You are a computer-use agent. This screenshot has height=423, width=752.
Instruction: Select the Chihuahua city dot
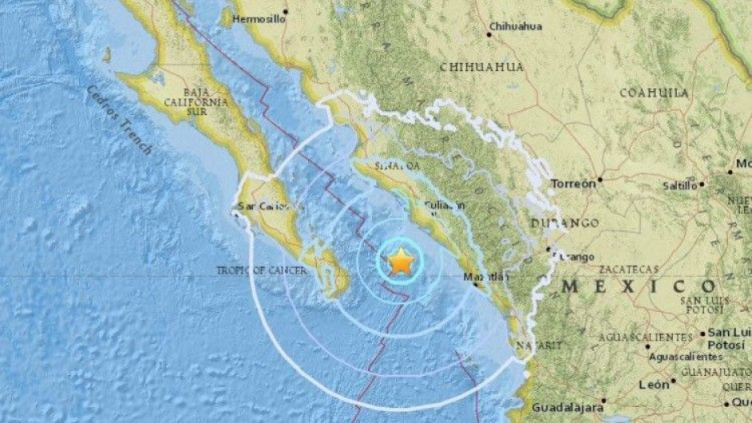click(x=489, y=34)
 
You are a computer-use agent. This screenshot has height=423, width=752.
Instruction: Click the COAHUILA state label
click(x=654, y=93)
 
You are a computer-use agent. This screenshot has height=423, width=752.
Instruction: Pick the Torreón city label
click(x=574, y=183)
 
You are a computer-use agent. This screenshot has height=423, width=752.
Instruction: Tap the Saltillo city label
click(x=680, y=186)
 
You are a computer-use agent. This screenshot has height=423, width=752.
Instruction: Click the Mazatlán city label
click(x=487, y=278)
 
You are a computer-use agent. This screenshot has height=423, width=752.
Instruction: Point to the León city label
click(x=654, y=385)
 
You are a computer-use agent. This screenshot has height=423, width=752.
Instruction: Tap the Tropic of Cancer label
click(x=262, y=271)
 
